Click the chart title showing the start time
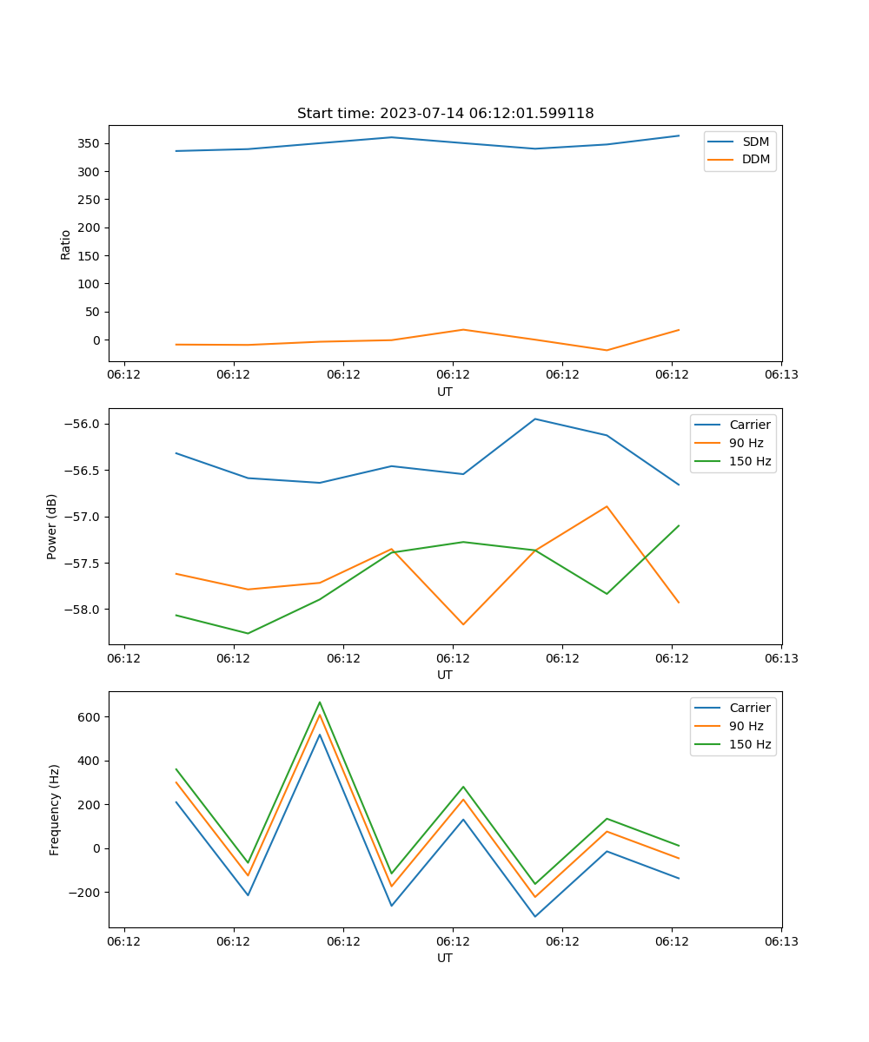coord(445,114)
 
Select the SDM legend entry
coord(755,142)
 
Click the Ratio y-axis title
coord(66,245)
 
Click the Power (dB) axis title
coord(52,526)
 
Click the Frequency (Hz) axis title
coord(55,809)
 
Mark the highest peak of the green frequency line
coord(320,702)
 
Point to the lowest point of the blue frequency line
coord(535,916)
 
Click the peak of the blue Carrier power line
coord(535,419)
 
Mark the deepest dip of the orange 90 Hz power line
coord(463,624)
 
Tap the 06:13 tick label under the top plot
coord(780,375)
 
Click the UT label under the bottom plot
coord(445,958)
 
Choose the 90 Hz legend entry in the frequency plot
coord(746,726)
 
